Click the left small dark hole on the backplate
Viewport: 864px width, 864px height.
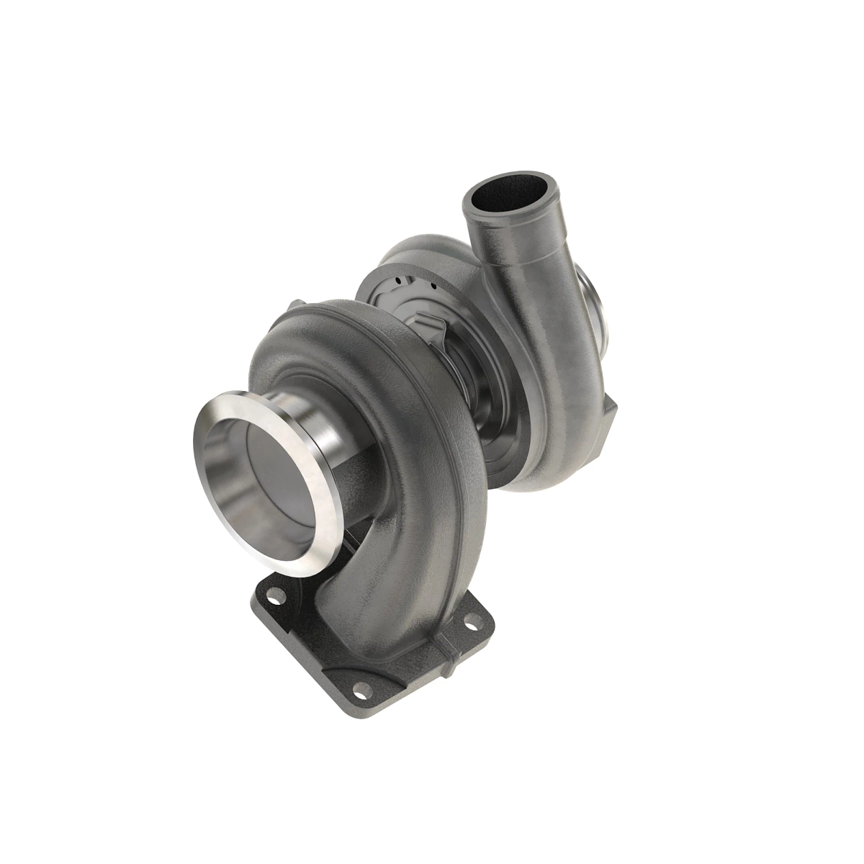click(396, 276)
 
